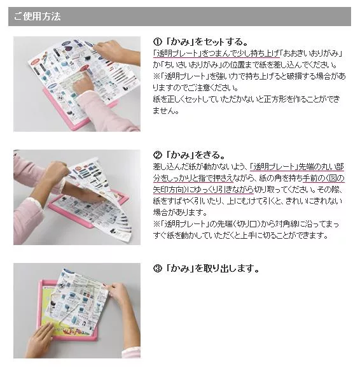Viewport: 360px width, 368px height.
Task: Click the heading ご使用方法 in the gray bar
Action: point(38,17)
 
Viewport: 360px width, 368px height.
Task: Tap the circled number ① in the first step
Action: point(158,42)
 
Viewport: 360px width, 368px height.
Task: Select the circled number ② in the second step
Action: point(158,155)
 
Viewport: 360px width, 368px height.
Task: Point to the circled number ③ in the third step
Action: point(158,268)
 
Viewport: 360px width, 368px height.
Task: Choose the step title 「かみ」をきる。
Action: point(195,155)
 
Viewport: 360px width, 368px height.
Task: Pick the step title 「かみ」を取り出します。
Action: point(212,268)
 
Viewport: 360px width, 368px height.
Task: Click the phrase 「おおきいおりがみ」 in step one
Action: point(311,53)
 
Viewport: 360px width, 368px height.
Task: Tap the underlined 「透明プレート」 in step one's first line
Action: point(177,53)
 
